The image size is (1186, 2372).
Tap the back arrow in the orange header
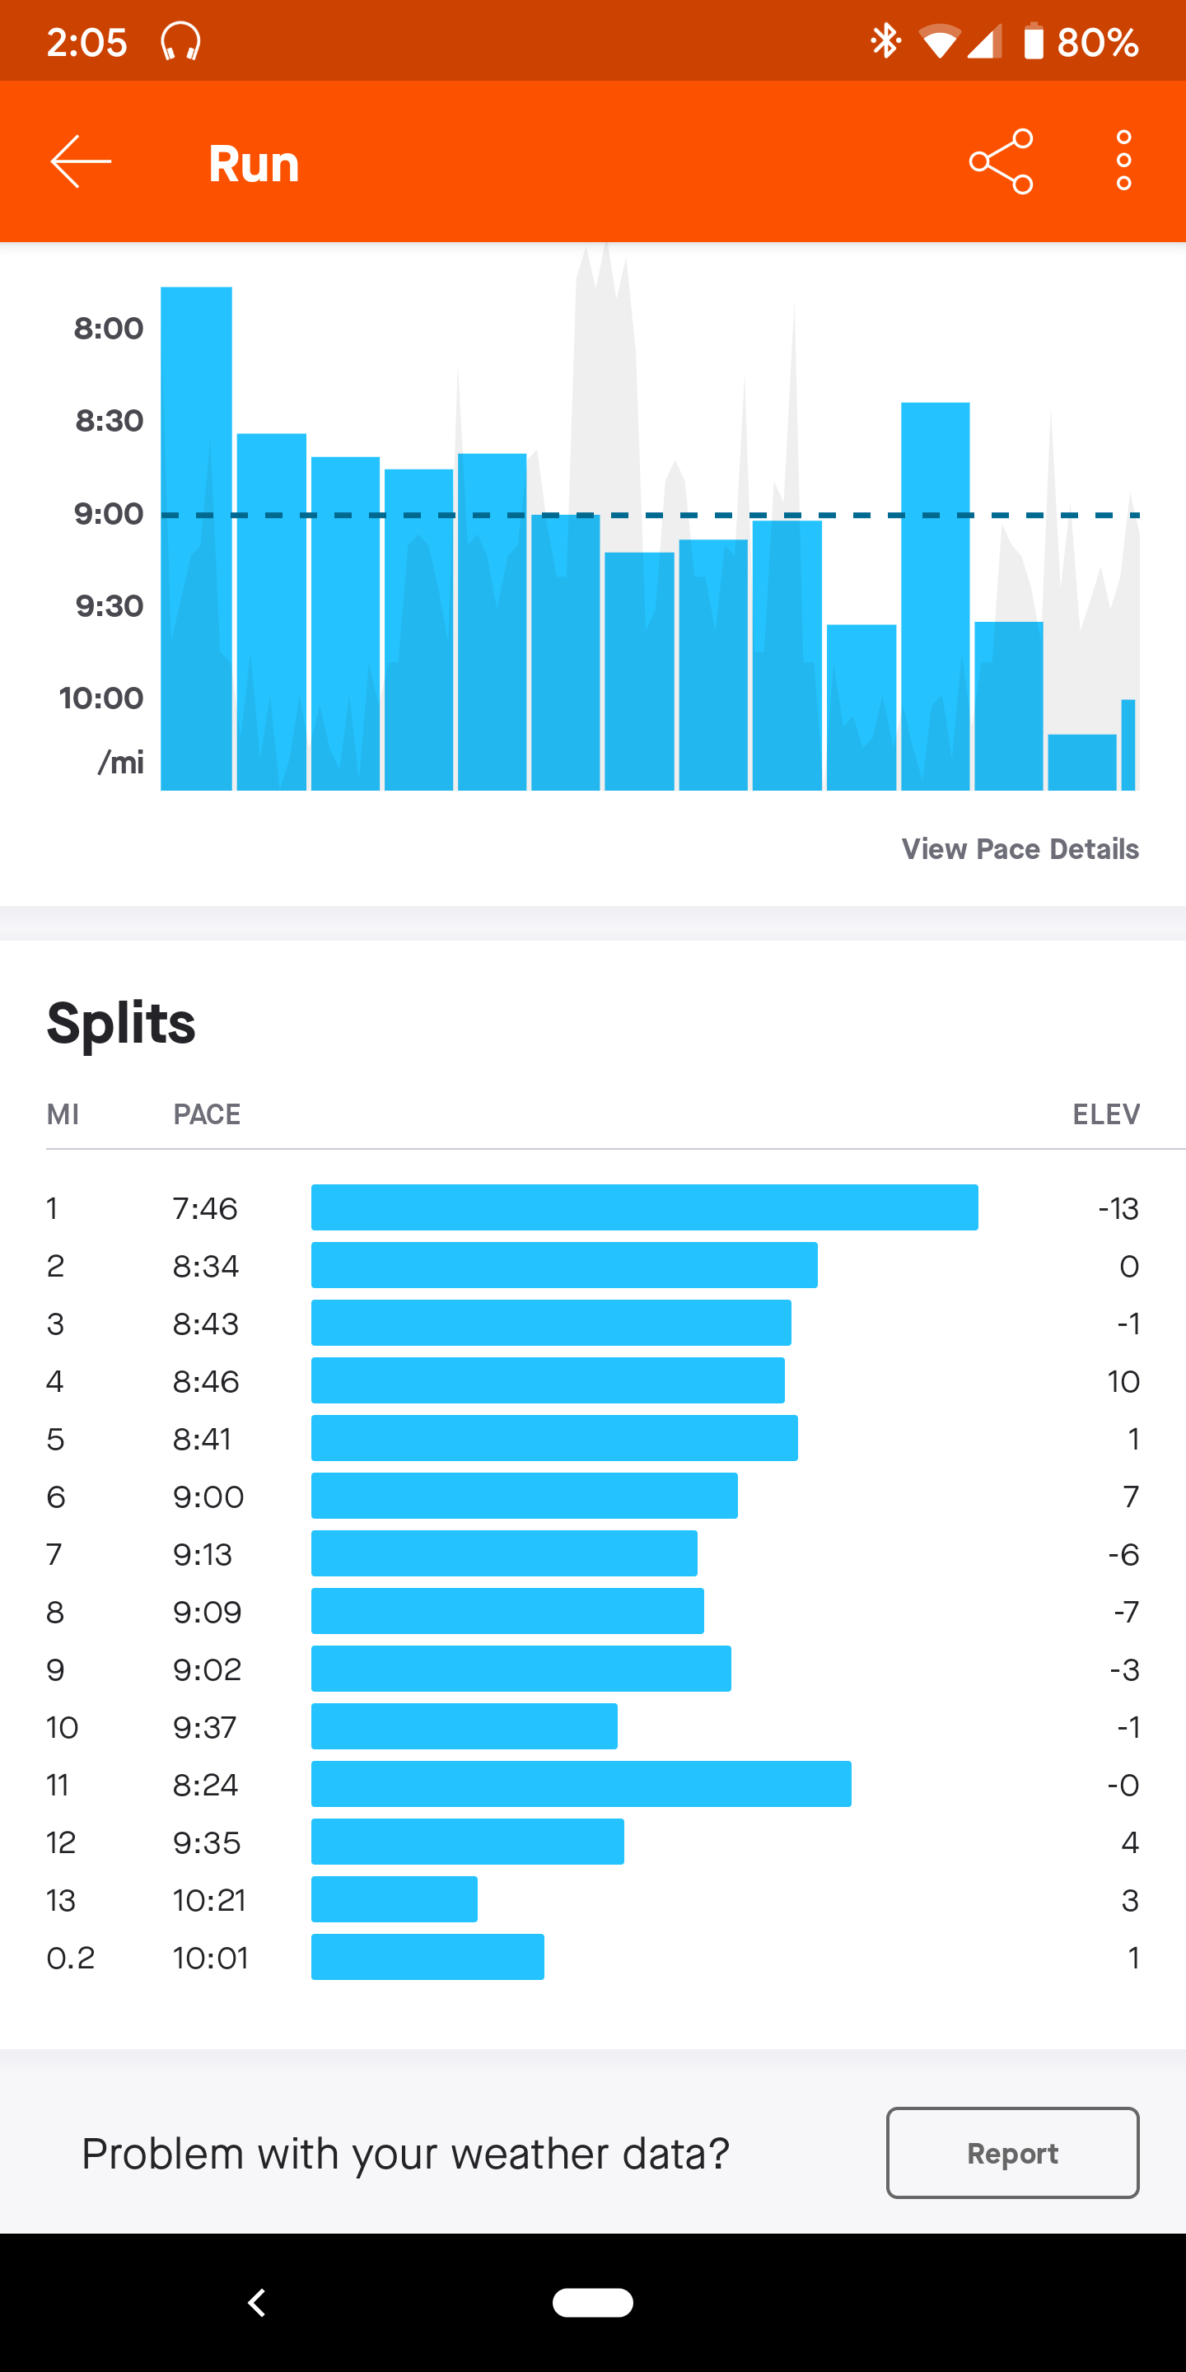pos(81,162)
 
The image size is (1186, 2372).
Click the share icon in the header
pos(1001,162)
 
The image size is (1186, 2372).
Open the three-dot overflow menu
pos(1123,162)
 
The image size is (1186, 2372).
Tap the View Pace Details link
pos(1020,849)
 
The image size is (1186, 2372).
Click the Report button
pos(1012,2153)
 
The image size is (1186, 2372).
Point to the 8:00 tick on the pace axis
pos(109,329)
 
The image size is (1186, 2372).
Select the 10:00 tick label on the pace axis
pos(101,698)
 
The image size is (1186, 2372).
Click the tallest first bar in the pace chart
pos(196,538)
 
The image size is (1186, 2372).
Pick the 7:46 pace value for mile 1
pos(205,1208)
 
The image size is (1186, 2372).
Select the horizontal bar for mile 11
pos(581,1785)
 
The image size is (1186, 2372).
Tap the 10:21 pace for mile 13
pos(209,1901)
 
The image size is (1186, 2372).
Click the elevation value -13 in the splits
pos(1118,1208)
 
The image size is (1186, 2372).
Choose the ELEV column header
pos(1106,1115)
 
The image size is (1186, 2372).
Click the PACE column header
pos(208,1115)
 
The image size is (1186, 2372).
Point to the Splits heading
pos(122,1023)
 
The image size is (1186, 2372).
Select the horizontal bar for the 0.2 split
pos(427,1958)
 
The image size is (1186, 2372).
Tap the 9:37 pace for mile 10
pos(205,1727)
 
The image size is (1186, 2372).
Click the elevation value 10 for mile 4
pos(1123,1381)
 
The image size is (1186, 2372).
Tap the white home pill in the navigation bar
pos(593,2302)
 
